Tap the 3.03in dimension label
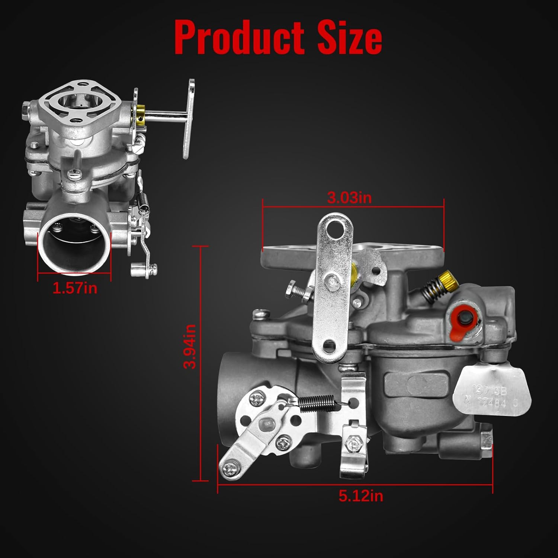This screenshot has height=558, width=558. tap(349, 198)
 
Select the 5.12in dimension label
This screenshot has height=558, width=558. tap(360, 496)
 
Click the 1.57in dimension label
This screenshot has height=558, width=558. tap(75, 288)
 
